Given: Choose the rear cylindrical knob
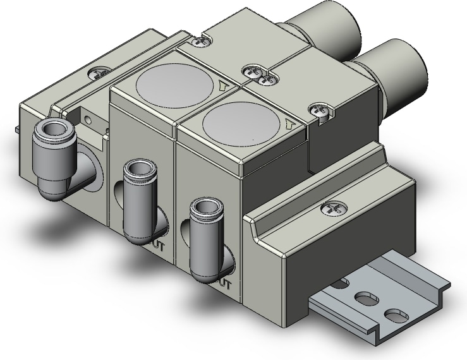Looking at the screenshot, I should tap(332, 28).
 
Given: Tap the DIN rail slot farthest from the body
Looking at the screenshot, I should tap(394, 314).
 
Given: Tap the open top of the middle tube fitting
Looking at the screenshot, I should tap(136, 169).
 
